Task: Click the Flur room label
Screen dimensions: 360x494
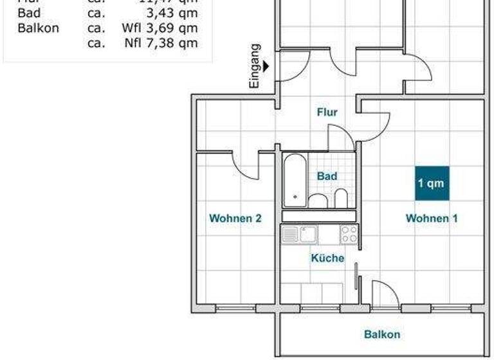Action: pyautogui.click(x=327, y=113)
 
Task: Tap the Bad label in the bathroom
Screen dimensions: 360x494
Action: pyautogui.click(x=327, y=176)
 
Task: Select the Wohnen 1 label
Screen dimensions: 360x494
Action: pyautogui.click(x=432, y=219)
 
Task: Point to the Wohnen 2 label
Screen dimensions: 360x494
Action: pyautogui.click(x=235, y=219)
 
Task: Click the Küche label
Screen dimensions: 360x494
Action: pyautogui.click(x=327, y=258)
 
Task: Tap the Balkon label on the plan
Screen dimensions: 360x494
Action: pyautogui.click(x=382, y=334)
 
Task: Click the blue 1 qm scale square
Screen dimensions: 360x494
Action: pyautogui.click(x=431, y=184)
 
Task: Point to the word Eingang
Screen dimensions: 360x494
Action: pyautogui.click(x=255, y=66)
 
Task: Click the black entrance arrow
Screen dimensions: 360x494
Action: pyautogui.click(x=266, y=64)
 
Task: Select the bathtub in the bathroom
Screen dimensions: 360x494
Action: pyautogui.click(x=295, y=181)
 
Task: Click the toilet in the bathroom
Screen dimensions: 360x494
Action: pyautogui.click(x=342, y=199)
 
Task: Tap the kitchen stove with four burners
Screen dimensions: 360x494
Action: pyautogui.click(x=349, y=234)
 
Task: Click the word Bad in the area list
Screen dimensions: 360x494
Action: pyautogui.click(x=28, y=13)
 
